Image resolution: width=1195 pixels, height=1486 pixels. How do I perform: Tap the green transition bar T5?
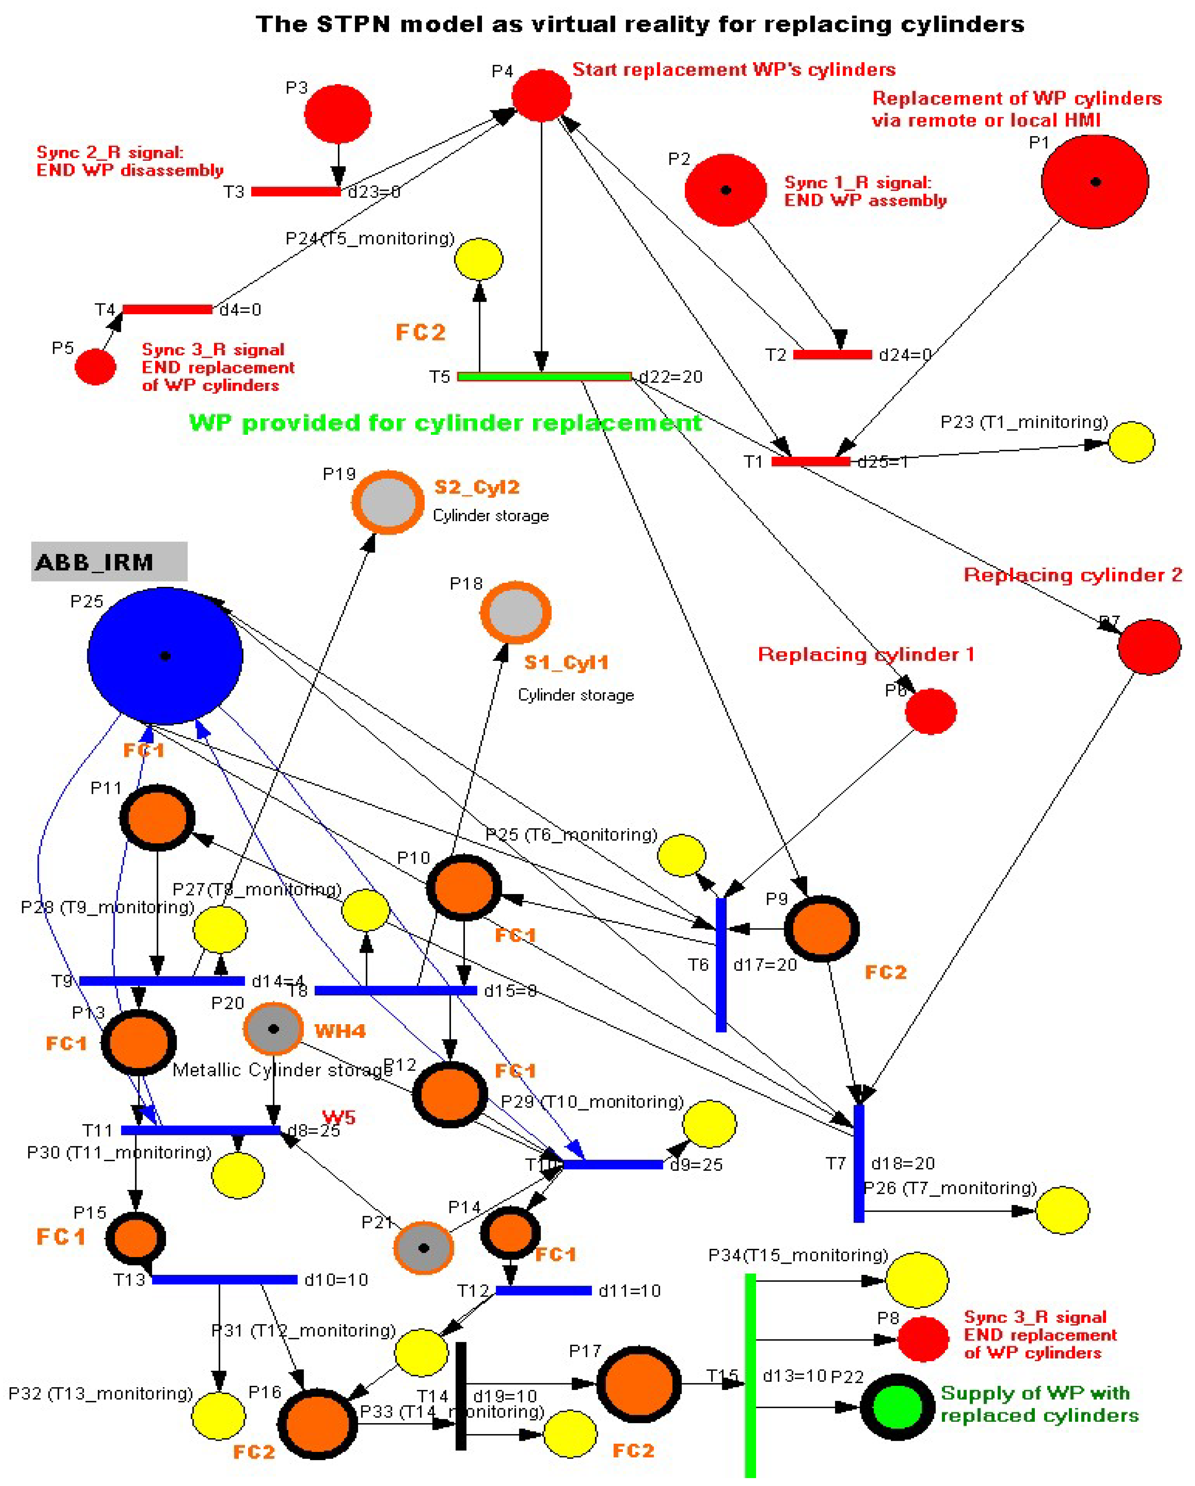tap(545, 376)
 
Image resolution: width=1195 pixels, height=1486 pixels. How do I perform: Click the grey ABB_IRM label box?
tap(109, 562)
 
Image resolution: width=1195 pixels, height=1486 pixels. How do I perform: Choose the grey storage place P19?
tap(388, 502)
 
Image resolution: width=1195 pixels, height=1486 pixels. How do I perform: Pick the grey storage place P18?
tap(515, 612)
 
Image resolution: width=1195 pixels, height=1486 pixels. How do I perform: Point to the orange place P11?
tap(157, 818)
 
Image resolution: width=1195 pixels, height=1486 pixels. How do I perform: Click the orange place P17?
tap(638, 1384)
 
